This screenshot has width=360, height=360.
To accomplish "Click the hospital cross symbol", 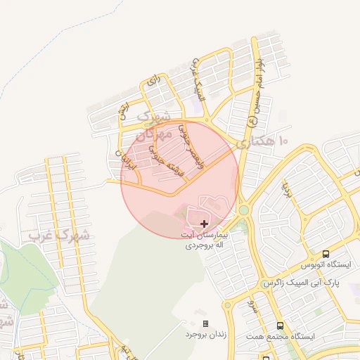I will pos(205,223).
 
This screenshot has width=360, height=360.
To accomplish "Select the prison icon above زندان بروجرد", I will pos(205,323).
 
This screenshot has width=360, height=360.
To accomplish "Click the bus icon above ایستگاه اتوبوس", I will pos(326,254).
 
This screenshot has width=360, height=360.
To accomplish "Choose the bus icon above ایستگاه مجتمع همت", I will pos(280,326).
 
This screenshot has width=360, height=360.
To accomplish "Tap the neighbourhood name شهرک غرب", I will pos(60,236).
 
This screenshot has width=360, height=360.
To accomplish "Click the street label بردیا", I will pos(285,188).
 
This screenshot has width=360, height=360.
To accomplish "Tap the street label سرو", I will pos(250,308).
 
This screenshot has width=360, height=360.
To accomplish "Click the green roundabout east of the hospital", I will pos(243,210).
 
